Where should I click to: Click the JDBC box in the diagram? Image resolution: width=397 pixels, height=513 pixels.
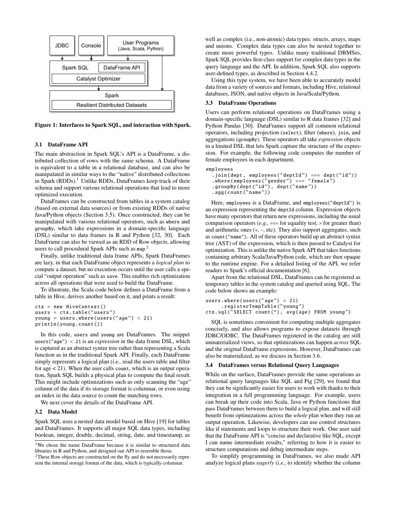62,45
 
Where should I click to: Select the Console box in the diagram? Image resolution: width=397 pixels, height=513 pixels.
91,45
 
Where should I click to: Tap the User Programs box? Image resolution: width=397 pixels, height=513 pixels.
141,45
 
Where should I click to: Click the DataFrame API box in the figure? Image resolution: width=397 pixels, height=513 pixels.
122,68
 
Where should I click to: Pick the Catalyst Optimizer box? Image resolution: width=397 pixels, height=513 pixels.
98,79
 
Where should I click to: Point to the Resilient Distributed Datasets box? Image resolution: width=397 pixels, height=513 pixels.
112,105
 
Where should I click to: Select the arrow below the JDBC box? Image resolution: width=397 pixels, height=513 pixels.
62,58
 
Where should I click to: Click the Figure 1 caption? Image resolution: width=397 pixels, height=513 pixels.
113,125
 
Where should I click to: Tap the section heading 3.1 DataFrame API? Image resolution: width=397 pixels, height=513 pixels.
61,145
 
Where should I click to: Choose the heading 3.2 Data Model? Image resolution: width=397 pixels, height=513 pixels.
56,412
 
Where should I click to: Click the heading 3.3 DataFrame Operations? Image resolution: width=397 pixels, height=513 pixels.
241,103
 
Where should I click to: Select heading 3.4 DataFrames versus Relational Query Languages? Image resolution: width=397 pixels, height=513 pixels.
272,365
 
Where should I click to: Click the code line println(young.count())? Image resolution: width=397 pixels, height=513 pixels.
69,324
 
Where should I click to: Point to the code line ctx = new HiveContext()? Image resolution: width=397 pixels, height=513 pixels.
71,307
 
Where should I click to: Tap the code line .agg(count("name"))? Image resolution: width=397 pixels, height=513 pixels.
241,192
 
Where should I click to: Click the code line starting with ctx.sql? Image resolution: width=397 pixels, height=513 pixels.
278,312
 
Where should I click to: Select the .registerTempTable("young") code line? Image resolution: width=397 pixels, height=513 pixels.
263,306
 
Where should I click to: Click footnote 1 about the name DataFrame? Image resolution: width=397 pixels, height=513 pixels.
112,448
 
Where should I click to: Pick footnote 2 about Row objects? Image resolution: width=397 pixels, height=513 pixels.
112,460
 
